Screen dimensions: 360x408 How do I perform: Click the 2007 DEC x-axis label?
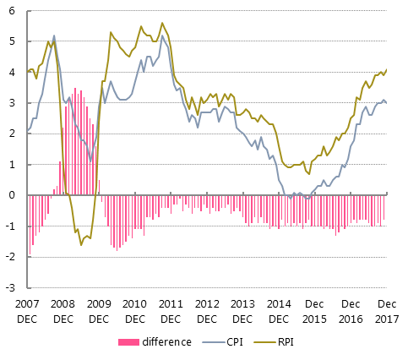[26, 310]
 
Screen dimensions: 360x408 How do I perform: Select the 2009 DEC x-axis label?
[98, 310]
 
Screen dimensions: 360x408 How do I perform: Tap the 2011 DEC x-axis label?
[171, 310]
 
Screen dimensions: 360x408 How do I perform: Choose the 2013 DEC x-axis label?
[242, 310]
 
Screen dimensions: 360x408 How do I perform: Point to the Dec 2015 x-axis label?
[314, 310]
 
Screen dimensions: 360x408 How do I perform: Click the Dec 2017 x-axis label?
[386, 310]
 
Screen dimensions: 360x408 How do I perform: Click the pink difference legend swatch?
[129, 342]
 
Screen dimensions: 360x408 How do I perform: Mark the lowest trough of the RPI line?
[81, 244]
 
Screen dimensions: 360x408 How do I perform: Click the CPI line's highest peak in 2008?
[54, 35]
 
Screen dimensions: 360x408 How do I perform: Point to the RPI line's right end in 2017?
[387, 69]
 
